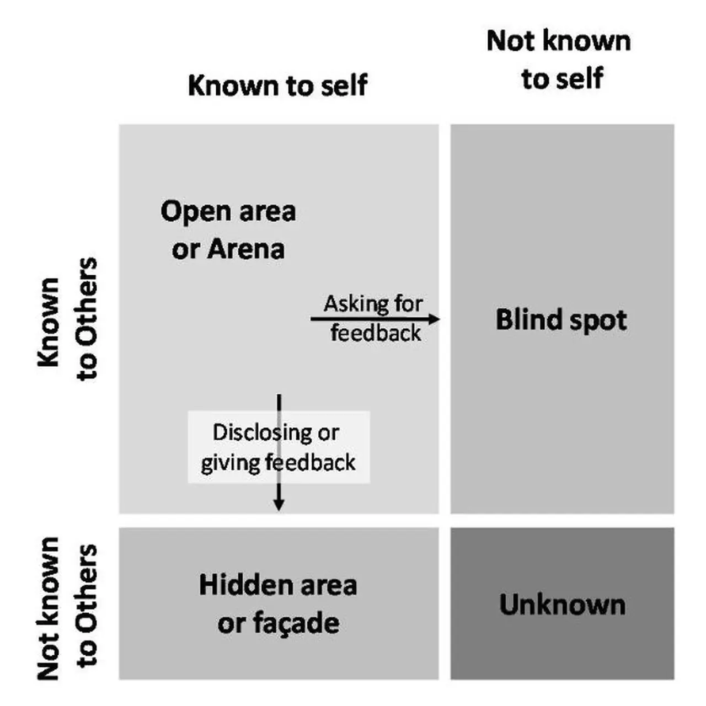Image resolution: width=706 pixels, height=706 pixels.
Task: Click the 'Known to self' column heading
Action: [277, 85]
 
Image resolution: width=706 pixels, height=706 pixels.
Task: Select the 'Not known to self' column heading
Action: [559, 60]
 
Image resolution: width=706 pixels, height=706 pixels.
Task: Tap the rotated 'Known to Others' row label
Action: [67, 320]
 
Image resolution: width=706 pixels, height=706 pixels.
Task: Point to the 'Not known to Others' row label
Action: [67, 607]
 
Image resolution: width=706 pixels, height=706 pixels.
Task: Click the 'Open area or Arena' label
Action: [228, 229]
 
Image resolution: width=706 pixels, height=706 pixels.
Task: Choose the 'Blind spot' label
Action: [561, 320]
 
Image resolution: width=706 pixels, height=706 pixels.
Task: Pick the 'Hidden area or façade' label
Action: [278, 604]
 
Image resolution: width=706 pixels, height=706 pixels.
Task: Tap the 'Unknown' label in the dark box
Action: [562, 605]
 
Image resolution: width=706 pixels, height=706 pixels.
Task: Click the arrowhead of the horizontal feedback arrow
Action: [435, 319]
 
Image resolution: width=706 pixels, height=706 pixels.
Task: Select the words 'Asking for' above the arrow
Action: [373, 303]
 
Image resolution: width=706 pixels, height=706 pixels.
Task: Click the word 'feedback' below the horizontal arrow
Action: [376, 333]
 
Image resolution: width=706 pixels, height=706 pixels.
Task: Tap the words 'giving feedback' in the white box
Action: [278, 462]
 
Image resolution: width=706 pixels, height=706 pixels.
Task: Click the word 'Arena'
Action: [246, 249]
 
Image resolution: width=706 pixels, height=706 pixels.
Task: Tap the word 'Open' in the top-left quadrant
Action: [189, 212]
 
